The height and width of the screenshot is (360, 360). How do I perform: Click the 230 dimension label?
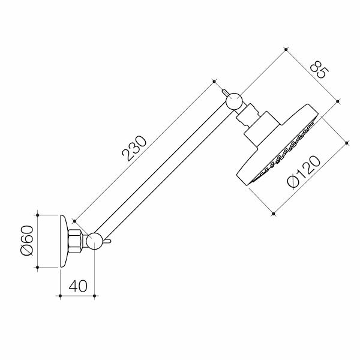coord(135,149)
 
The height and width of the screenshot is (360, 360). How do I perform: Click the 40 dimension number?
coord(77,286)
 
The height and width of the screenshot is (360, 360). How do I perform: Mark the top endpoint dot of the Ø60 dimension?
coord(38,214)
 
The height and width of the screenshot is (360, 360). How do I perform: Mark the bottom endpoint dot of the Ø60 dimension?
coord(38,266)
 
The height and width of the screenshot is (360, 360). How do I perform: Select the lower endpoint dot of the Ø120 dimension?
coord(274,212)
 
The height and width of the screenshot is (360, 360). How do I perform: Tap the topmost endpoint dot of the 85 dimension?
coord(287,48)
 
